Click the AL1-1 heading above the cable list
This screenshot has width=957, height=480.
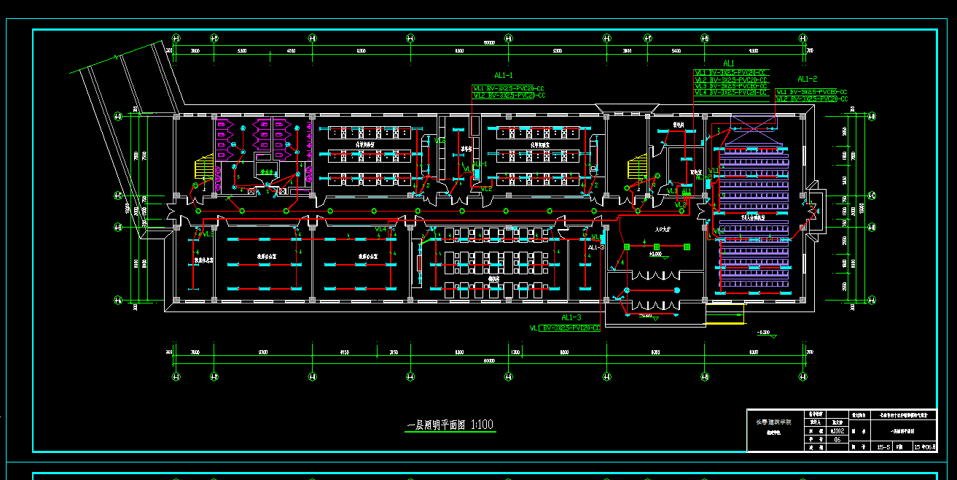pyautogui.click(x=504, y=75)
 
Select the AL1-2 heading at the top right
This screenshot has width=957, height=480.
pyautogui.click(x=807, y=79)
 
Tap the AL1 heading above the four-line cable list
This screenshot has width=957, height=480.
pyautogui.click(x=729, y=63)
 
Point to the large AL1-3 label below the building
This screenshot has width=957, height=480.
pyautogui.click(x=571, y=317)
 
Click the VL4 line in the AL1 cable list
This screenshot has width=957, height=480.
pyautogui.click(x=731, y=93)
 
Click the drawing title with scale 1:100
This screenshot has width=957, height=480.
pyautogui.click(x=450, y=425)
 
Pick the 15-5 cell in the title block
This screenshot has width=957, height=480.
pyautogui.click(x=884, y=446)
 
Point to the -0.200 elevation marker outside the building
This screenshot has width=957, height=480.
pyautogui.click(x=763, y=333)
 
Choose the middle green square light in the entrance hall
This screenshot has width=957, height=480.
pyautogui.click(x=655, y=247)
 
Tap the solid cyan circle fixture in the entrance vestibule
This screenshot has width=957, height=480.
pyautogui.click(x=676, y=290)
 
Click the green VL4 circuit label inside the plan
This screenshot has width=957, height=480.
pyautogui.click(x=380, y=229)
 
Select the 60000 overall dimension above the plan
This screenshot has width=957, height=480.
pyautogui.click(x=489, y=42)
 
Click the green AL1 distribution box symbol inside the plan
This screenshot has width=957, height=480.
pyautogui.click(x=686, y=192)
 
